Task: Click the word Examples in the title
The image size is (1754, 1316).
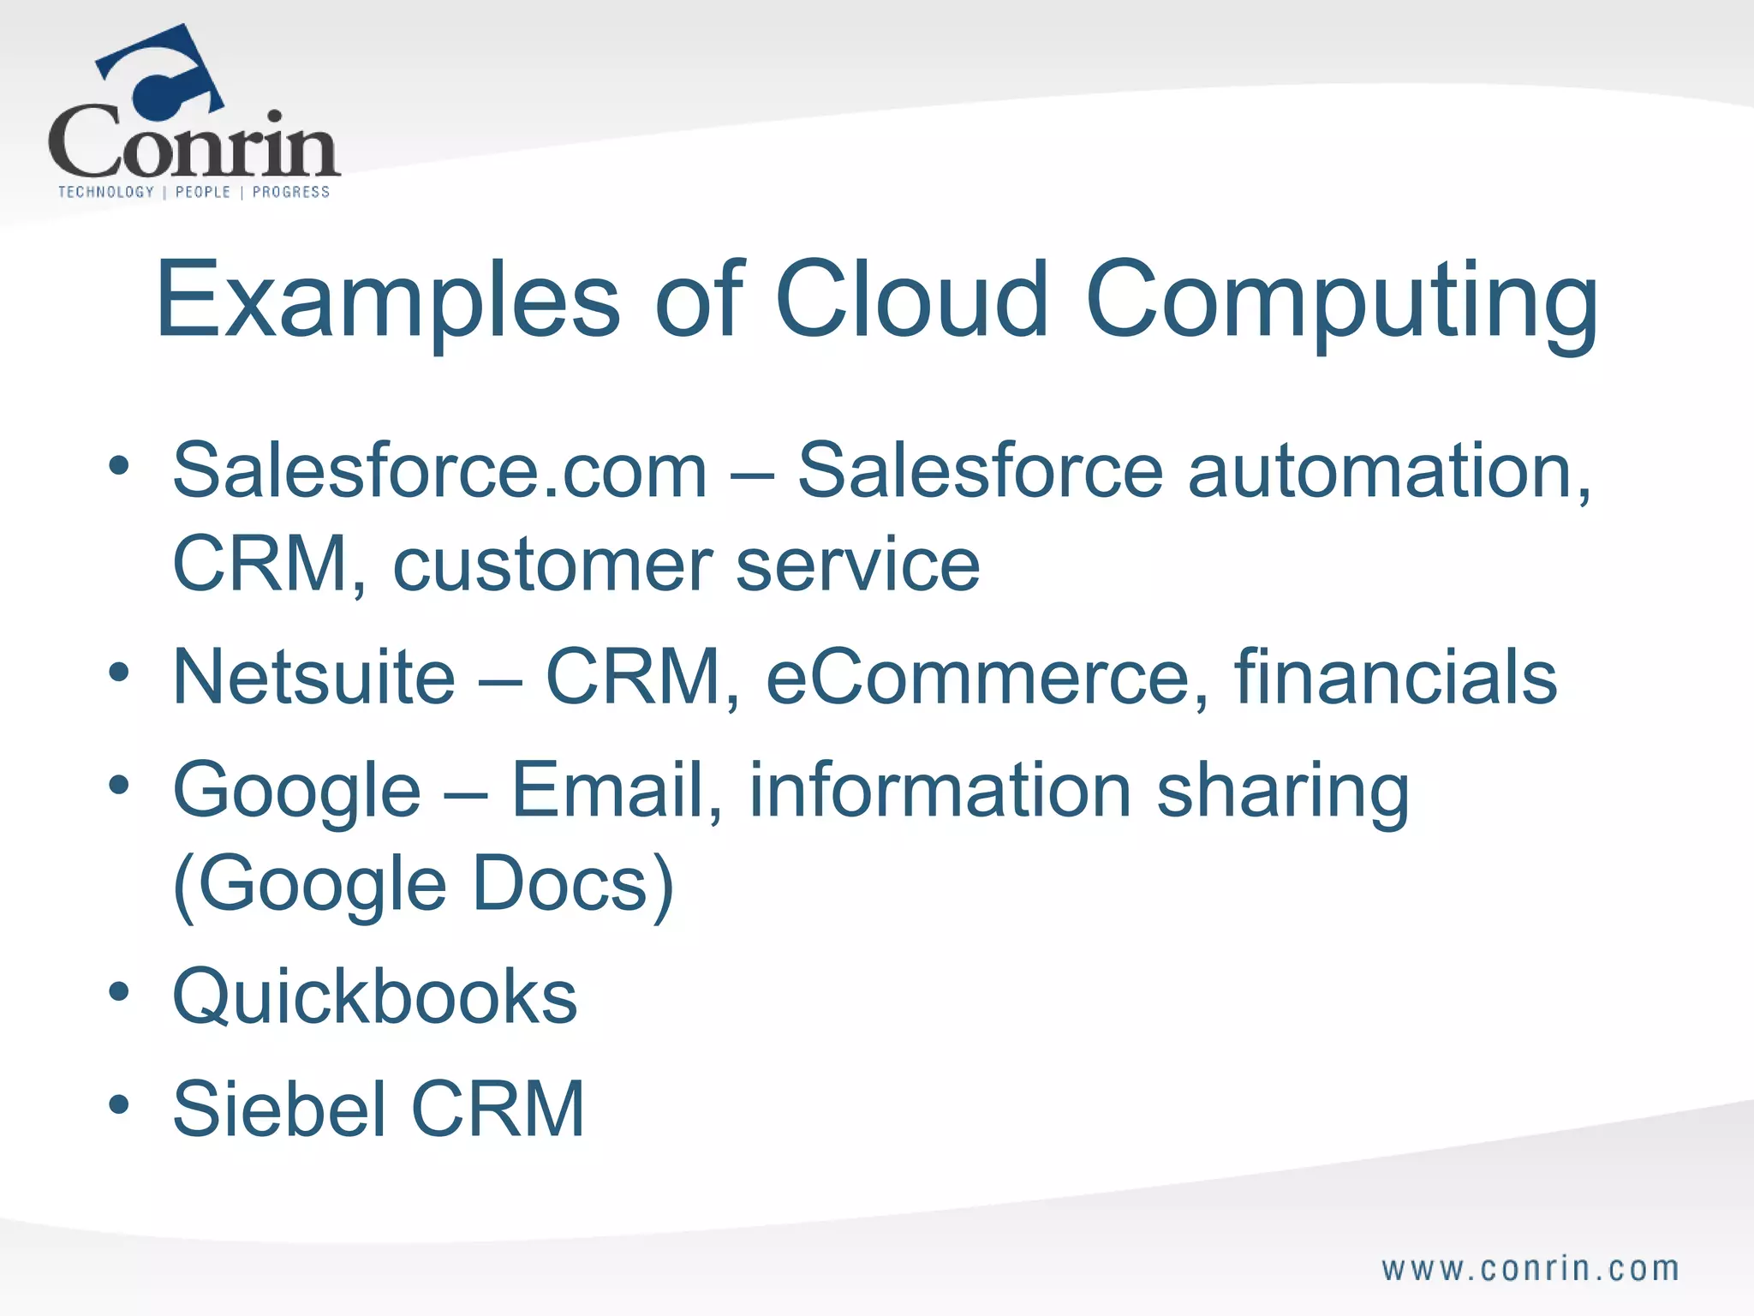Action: [x=387, y=300]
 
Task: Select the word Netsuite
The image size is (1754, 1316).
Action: [x=313, y=677]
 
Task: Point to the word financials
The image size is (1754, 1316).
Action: [x=1395, y=677]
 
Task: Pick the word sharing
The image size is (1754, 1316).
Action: [x=1282, y=792]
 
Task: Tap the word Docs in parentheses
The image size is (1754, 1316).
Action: [x=561, y=884]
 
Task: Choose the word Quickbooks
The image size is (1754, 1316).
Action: [x=375, y=997]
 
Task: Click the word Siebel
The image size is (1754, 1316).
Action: [x=279, y=1109]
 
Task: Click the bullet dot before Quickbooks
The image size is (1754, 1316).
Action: [x=119, y=992]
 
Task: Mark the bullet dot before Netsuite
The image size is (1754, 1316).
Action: [x=119, y=672]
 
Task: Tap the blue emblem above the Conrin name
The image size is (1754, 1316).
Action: [x=163, y=73]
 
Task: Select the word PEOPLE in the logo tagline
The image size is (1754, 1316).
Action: [x=203, y=192]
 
